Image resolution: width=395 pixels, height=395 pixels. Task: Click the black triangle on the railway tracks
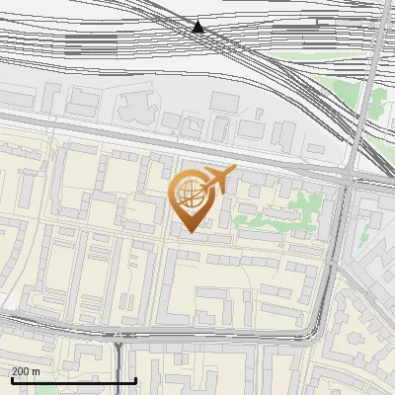tap(198, 27)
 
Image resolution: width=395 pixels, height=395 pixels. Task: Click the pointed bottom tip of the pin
tap(188, 231)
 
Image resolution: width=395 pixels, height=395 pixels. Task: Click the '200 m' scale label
tap(26, 371)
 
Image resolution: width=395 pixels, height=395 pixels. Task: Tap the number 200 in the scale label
tap(21, 371)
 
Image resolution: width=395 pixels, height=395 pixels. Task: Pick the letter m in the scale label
tap(37, 371)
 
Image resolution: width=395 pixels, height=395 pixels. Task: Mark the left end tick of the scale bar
tap(11, 378)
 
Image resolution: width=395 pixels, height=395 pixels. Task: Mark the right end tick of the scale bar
tap(134, 378)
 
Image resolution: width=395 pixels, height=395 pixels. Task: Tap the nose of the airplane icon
tap(234, 172)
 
